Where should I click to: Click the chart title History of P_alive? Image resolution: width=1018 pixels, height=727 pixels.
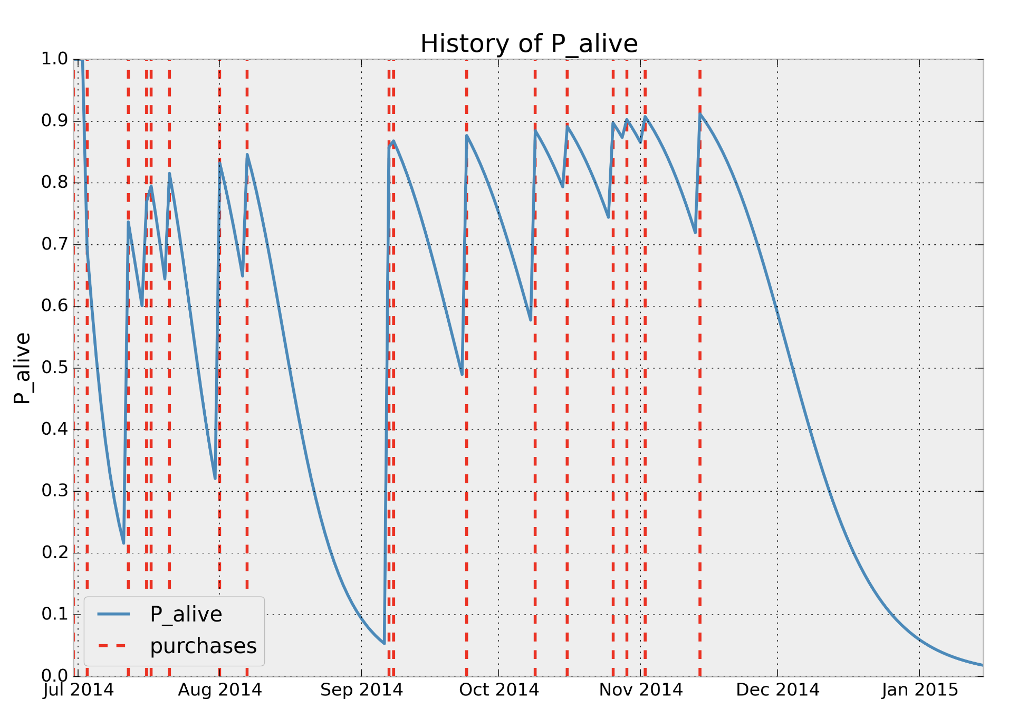coord(529,44)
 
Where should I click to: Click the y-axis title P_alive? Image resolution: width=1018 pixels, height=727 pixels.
coord(22,368)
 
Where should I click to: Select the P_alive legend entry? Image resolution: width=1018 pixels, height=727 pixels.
coord(186,614)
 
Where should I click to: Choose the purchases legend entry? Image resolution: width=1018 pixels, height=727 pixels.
coord(203,646)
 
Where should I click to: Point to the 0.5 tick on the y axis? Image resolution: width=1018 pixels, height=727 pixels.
coord(55,368)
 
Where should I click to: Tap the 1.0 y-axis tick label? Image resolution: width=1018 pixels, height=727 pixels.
coord(55,59)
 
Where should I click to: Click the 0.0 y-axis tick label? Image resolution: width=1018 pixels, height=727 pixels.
coord(55,675)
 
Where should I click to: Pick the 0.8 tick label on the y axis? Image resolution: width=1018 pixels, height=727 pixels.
coord(55,183)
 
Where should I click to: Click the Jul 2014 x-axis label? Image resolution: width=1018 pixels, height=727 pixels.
coord(78,690)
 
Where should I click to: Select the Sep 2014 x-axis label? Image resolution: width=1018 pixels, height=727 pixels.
coord(361,690)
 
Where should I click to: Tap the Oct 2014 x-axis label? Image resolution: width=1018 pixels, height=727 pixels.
coord(498,690)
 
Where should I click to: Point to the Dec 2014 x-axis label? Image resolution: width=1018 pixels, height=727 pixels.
coord(777,690)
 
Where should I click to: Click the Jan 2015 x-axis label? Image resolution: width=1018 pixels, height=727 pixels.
coord(919,690)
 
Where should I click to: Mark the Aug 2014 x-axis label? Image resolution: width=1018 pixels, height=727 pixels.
coord(219,690)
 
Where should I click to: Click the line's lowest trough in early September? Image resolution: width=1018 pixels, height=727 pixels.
coord(384,643)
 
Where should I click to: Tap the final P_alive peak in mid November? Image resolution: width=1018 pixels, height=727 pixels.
coord(700,113)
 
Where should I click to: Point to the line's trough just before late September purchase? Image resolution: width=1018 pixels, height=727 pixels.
coord(462,374)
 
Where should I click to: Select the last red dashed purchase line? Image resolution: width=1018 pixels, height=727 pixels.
coord(700,369)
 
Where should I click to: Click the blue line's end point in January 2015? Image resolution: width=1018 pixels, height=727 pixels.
coord(982,665)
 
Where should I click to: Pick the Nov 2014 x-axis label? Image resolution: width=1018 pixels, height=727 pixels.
coord(641,690)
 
